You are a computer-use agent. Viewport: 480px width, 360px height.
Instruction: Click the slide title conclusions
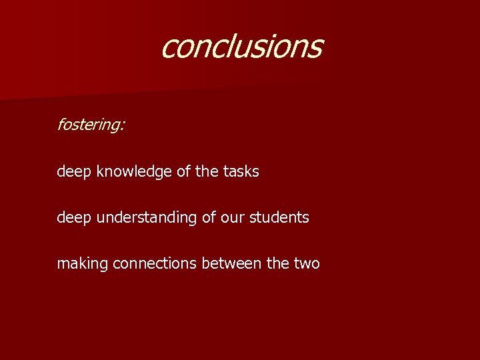[x=241, y=47]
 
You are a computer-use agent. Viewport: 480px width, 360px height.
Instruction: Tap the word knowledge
[x=135, y=171]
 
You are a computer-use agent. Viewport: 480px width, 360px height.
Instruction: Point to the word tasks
[x=241, y=171]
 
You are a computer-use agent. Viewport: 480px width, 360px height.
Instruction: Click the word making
[x=83, y=263]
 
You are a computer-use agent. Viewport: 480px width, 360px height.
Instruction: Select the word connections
[x=155, y=263]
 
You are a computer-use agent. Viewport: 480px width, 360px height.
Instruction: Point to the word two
[x=306, y=263]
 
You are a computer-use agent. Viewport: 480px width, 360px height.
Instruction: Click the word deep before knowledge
[x=74, y=171]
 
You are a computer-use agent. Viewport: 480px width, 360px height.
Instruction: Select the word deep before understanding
[x=74, y=217]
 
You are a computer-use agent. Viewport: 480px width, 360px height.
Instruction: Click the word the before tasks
[x=207, y=171]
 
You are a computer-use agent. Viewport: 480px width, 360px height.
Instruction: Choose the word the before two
[x=278, y=263]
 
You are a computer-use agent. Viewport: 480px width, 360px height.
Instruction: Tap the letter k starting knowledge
[x=99, y=171]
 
